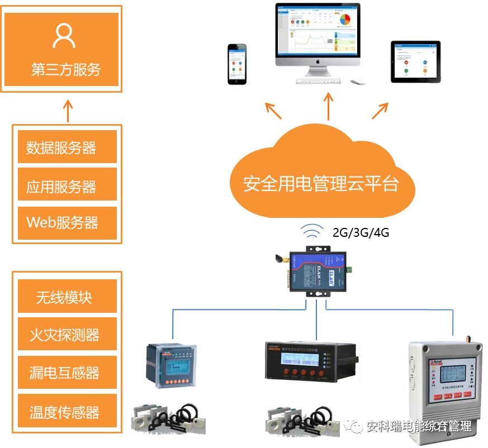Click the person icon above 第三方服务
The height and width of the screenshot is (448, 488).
(64, 35)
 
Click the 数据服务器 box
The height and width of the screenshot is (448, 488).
(67, 147)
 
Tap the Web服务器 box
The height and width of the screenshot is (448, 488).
(67, 222)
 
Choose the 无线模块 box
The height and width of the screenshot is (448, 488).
(67, 297)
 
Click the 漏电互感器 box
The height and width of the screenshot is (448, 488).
(67, 372)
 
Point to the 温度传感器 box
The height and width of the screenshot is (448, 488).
(67, 412)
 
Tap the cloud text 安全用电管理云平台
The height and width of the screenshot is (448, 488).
(321, 183)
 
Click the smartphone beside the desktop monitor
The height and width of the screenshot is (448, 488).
(237, 63)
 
